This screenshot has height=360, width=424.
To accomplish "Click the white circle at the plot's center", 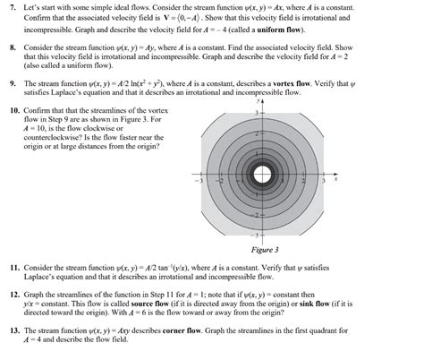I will (x=265, y=175).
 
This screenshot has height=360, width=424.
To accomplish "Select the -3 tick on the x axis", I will (x=202, y=181).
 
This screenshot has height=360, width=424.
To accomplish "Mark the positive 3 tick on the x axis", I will (x=324, y=181).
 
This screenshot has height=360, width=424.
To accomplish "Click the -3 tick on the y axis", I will (x=258, y=235).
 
